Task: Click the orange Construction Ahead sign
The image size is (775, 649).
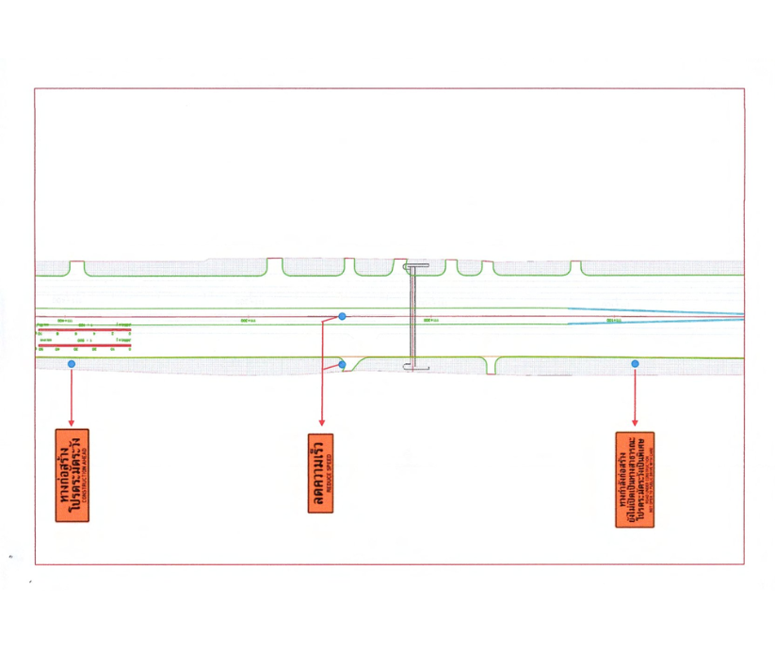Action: click(x=73, y=475)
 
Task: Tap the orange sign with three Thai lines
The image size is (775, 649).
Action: click(x=635, y=479)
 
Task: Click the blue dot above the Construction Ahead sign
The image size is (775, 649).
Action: click(x=72, y=363)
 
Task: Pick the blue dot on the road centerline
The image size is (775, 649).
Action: click(x=342, y=316)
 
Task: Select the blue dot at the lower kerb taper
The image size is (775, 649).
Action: click(x=342, y=364)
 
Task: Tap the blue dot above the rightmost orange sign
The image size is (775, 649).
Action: click(x=636, y=363)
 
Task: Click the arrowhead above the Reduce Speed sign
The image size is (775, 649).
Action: click(x=322, y=424)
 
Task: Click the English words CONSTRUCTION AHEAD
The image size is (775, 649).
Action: click(x=86, y=475)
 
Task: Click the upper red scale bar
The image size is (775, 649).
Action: click(x=84, y=328)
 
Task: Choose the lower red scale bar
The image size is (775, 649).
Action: click(x=84, y=345)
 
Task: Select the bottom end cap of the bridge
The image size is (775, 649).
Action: click(x=418, y=367)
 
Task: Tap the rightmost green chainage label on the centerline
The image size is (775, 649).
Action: click(x=614, y=321)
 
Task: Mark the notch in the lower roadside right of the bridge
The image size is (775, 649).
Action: click(x=492, y=366)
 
